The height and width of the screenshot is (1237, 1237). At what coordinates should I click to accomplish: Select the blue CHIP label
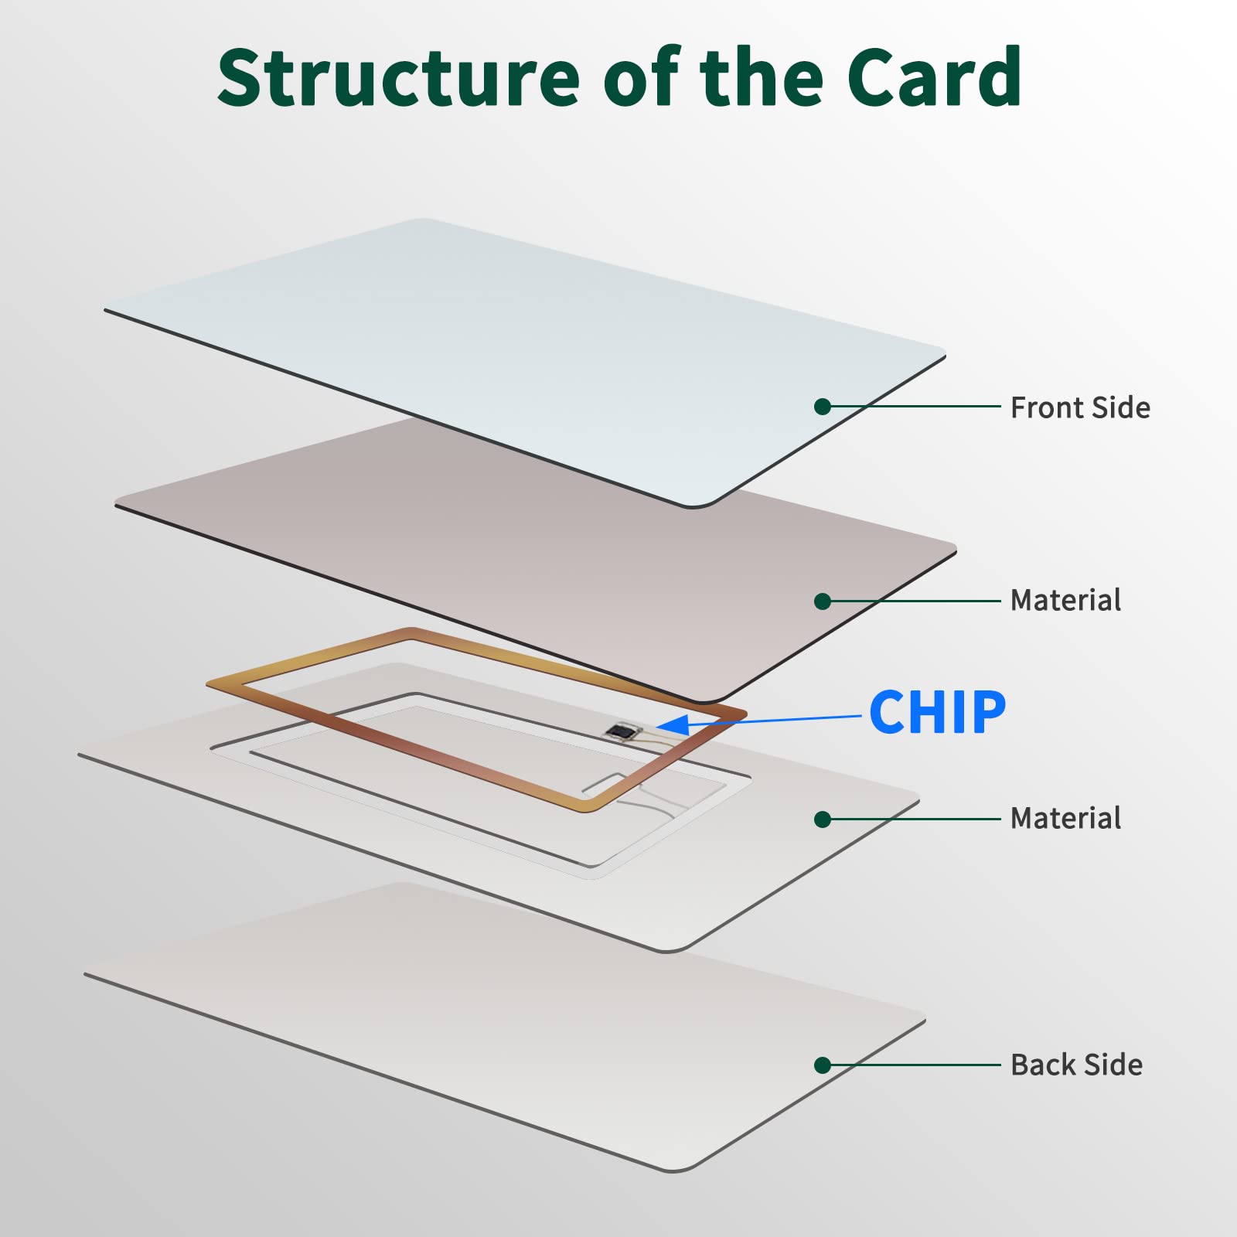point(937,712)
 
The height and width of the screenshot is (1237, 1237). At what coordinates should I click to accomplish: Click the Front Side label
point(1080,407)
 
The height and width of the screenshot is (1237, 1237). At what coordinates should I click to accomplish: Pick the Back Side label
point(1077,1065)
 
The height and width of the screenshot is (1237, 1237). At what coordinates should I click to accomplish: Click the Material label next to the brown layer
point(1065,600)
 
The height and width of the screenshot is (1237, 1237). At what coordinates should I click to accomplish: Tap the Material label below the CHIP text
point(1065,818)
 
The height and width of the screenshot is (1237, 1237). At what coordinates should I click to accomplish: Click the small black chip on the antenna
point(620,730)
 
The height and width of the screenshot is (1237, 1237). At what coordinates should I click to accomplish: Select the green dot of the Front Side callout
point(823,407)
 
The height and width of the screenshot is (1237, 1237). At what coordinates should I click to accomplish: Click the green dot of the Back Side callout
point(823,1065)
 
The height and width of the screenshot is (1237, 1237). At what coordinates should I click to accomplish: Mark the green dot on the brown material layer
point(823,601)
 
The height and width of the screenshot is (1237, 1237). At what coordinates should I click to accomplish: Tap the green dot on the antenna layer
point(823,820)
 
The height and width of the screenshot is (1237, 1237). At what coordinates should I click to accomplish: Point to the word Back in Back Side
point(1043,1065)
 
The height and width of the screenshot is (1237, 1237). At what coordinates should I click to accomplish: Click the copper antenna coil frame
point(477,721)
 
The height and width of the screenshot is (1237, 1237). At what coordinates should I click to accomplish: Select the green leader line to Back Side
point(912,1065)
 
